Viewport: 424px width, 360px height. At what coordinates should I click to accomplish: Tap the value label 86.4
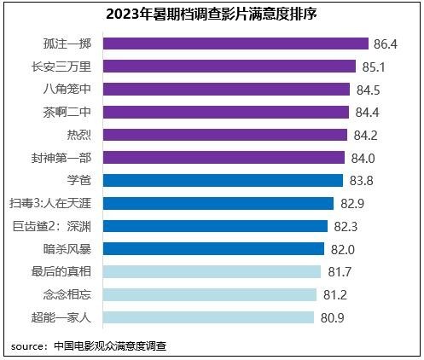click(x=388, y=44)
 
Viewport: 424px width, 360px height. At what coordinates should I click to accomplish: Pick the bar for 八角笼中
click(x=228, y=89)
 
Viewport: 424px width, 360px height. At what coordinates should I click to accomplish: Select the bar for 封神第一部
click(x=225, y=157)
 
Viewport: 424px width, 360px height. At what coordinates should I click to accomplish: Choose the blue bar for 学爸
click(x=224, y=180)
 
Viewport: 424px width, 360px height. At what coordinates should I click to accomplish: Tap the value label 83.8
click(x=362, y=180)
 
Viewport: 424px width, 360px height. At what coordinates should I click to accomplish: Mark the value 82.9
click(x=351, y=203)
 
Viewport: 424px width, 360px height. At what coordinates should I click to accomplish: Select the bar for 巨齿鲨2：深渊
click(x=217, y=226)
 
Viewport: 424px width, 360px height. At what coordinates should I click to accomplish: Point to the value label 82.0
click(x=342, y=249)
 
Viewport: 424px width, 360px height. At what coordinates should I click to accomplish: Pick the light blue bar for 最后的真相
click(x=213, y=271)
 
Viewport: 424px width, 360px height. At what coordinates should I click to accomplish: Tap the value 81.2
click(x=334, y=294)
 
